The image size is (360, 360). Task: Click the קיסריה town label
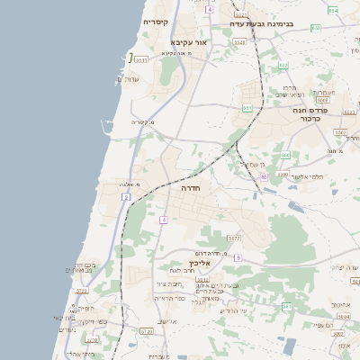pyautogui.click(x=156, y=21)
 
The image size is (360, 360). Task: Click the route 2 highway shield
pyautogui.click(x=127, y=195)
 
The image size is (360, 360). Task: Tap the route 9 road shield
pyautogui.click(x=238, y=257)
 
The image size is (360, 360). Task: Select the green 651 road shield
pyautogui.click(x=247, y=108)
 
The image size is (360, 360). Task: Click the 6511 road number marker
pyautogui.click(x=142, y=60)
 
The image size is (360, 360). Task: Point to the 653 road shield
pyautogui.click(x=283, y=65)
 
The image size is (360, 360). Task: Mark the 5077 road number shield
pyautogui.click(x=234, y=238)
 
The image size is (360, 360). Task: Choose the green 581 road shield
pyautogui.click(x=287, y=307)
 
